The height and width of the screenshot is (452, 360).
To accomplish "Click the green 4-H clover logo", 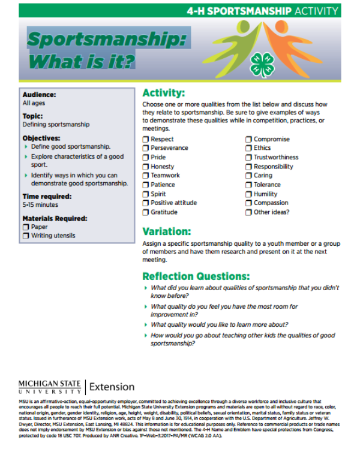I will [262, 64].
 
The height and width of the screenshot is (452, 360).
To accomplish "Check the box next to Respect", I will [146, 139].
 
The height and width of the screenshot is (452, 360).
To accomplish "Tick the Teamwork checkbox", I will [146, 176].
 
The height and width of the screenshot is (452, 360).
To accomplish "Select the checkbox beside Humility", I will [248, 194].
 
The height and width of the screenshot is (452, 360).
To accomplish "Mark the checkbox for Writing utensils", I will [26, 236].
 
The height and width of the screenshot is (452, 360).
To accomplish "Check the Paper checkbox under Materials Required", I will [26, 227].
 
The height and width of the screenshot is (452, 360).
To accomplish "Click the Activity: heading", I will [163, 94].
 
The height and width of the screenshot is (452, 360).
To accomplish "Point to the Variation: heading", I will [166, 231].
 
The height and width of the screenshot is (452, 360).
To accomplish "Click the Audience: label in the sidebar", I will [39, 94].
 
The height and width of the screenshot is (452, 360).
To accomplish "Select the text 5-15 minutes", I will [40, 204].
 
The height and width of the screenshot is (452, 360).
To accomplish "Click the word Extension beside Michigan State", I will [112, 387].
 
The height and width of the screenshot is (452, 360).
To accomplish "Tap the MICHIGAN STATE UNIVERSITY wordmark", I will [51, 387].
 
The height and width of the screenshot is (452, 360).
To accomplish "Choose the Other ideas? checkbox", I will [248, 212].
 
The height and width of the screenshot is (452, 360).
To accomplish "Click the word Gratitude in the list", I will [164, 212].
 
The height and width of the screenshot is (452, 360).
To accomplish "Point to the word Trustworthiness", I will [275, 158].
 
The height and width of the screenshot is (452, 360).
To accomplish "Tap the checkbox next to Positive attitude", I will [146, 203].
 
